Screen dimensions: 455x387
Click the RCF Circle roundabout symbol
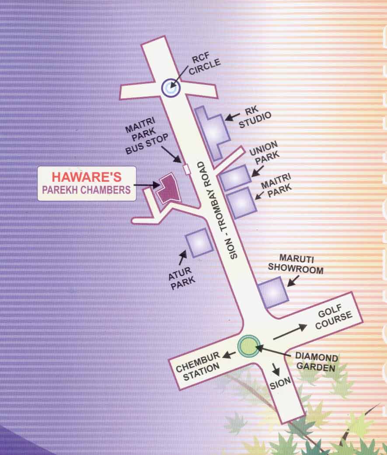click(x=171, y=87)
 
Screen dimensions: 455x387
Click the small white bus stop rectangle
click(x=186, y=169)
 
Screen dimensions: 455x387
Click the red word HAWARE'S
click(x=86, y=177)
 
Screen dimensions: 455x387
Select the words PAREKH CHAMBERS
click(x=86, y=190)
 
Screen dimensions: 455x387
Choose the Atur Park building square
click(x=199, y=242)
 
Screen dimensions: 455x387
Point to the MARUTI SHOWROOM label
click(x=296, y=264)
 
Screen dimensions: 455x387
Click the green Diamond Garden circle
click(x=247, y=345)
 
